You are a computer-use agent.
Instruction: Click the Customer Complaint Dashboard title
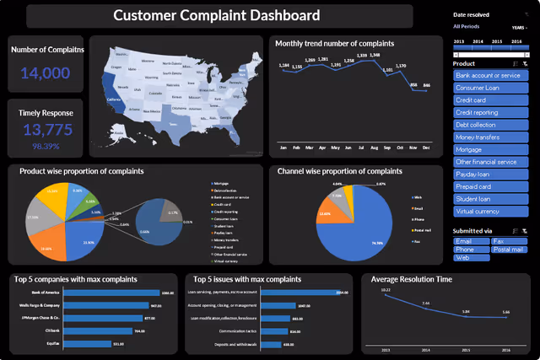(217, 15)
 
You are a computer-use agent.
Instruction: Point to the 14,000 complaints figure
(46, 73)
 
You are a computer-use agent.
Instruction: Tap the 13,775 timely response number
(46, 130)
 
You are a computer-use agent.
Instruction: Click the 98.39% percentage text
(46, 146)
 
